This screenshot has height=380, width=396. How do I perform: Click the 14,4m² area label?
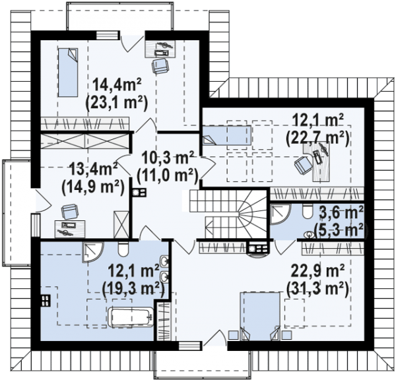click(117, 85)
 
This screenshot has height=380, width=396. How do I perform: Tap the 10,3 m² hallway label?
click(168, 159)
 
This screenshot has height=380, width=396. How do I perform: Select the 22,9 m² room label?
click(317, 272)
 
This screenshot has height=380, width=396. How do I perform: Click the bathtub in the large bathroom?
click(131, 317)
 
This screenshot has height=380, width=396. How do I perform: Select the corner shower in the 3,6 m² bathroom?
click(280, 214)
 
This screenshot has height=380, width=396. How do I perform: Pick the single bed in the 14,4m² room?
click(68, 73)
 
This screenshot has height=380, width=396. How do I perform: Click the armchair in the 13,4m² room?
click(69, 212)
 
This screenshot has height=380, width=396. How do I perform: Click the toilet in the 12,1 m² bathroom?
click(123, 249)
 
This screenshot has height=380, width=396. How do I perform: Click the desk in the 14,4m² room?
click(160, 48)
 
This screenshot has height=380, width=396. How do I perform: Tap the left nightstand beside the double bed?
click(234, 335)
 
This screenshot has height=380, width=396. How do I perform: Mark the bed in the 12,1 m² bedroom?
click(227, 135)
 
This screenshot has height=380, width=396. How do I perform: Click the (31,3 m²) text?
click(317, 288)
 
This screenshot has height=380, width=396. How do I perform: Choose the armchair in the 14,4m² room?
click(160, 66)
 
